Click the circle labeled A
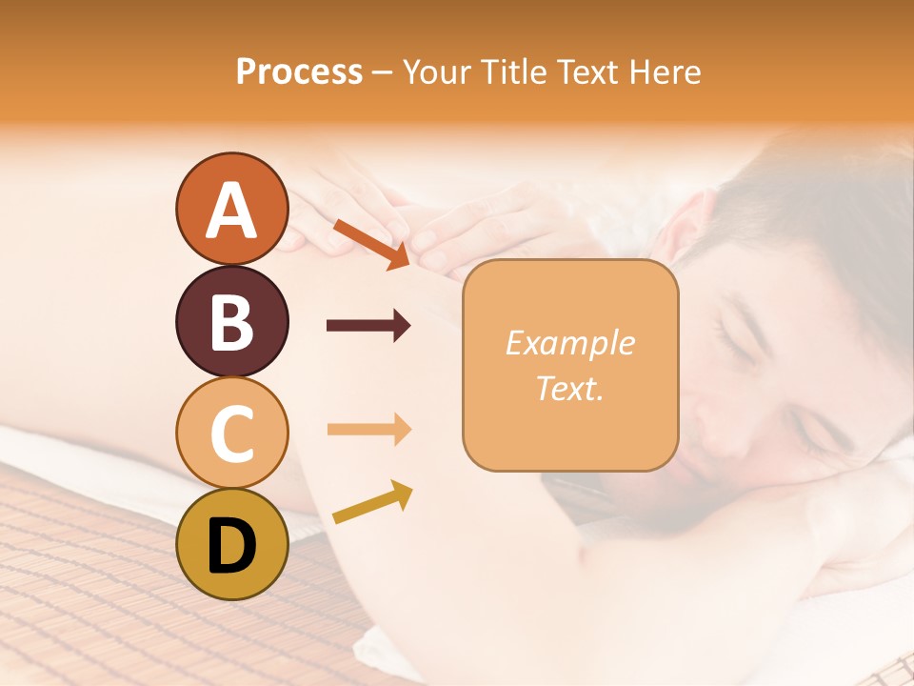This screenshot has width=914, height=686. (231, 209)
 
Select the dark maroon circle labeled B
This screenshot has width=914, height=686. (231, 321)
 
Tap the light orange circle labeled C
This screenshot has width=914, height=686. (231, 433)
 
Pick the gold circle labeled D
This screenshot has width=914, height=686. (231, 544)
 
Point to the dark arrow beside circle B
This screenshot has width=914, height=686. (368, 326)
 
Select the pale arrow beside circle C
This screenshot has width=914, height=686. (368, 430)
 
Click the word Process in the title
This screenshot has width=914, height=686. (299, 71)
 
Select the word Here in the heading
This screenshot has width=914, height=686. (666, 71)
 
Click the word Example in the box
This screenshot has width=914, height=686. (569, 343)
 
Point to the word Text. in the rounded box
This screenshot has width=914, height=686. (569, 388)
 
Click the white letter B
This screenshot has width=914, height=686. (231, 321)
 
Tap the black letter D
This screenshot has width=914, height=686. (231, 546)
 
